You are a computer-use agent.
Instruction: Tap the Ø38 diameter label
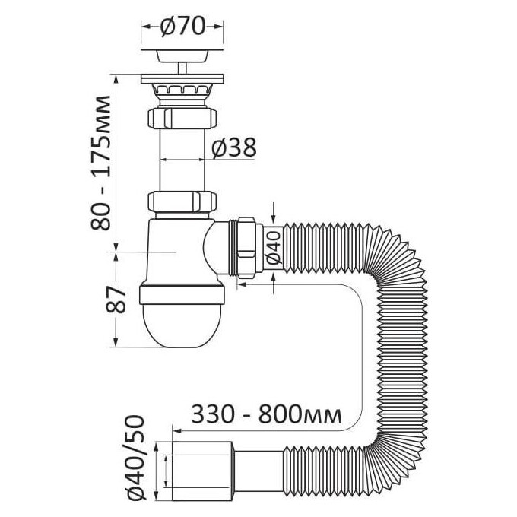(x=233, y=147)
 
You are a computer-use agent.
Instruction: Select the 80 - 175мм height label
(x=100, y=163)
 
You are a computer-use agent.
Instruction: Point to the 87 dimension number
(x=116, y=299)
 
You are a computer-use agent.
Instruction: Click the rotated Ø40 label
(x=274, y=248)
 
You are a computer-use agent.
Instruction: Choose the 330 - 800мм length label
(x=266, y=414)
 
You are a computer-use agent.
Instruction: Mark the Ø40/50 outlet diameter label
(x=135, y=462)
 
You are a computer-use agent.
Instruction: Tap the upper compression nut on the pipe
(x=182, y=118)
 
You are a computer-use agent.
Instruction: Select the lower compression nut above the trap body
(x=182, y=201)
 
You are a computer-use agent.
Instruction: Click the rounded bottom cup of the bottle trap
(x=182, y=326)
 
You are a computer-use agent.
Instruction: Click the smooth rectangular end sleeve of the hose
(x=203, y=474)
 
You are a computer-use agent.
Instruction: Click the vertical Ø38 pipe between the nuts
(x=182, y=160)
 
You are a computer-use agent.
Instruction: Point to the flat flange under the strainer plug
(x=182, y=79)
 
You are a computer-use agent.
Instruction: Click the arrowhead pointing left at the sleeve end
(x=177, y=431)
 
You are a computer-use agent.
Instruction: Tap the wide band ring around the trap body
(x=182, y=295)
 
